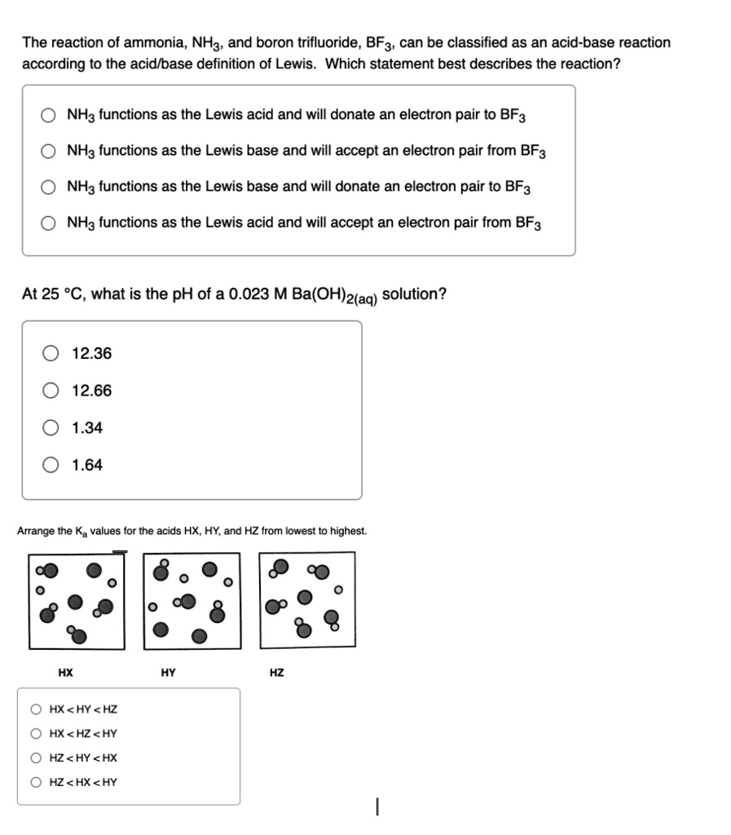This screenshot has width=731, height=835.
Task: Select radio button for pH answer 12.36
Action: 52,354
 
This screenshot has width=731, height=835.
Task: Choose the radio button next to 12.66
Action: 52,391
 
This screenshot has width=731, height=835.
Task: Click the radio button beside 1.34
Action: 52,428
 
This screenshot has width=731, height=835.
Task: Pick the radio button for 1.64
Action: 52,465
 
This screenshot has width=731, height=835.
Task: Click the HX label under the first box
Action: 65,673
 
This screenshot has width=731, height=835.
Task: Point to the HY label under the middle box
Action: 169,673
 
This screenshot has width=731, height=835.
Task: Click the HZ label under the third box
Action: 277,673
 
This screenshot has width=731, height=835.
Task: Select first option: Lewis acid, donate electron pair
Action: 51,115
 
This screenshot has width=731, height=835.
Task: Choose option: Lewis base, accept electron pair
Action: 51,151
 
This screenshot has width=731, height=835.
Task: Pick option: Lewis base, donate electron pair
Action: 51,187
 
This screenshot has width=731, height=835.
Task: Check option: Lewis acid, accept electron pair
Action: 51,223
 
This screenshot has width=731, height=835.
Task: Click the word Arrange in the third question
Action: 35,531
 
